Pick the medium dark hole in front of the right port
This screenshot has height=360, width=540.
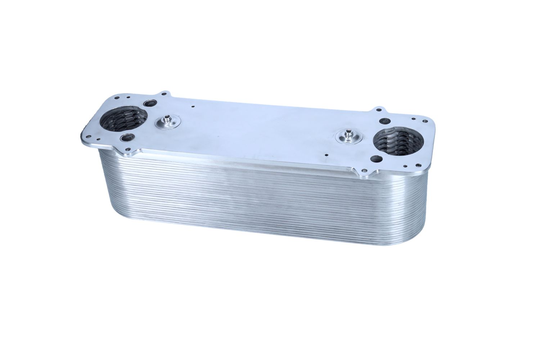377,159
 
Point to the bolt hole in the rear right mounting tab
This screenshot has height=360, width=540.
379,111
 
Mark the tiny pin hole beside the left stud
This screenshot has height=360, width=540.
193,107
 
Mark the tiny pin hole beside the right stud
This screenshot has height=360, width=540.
326,156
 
